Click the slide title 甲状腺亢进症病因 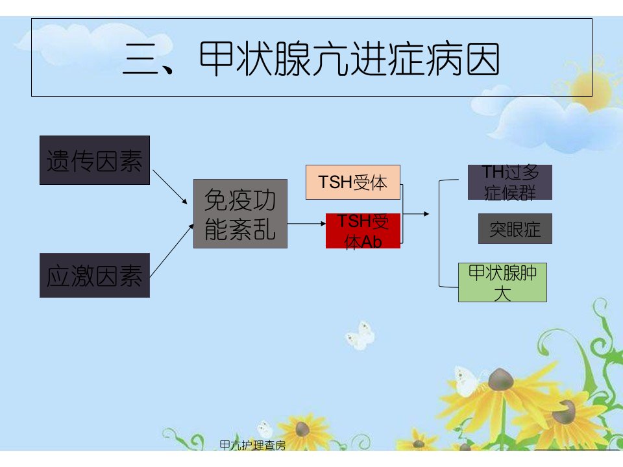pos(350,59)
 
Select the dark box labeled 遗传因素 pos(95,160)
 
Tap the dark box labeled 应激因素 pos(95,275)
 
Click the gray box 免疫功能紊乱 pos(240,213)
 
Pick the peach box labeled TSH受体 pos(353,182)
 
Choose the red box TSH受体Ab pos(363,231)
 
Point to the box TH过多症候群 pos(510,182)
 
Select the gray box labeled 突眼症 pos(515,229)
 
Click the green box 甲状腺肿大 pos(502,282)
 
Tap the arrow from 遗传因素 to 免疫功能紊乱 pos(170,187)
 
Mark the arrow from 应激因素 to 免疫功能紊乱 pos(171,250)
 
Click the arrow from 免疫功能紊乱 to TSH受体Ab pos(307,224)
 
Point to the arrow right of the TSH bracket pos(416,214)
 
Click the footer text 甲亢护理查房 pos(252,445)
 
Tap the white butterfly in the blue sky pos(361,335)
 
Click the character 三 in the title pos(140,59)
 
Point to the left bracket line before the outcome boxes pos(439,233)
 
